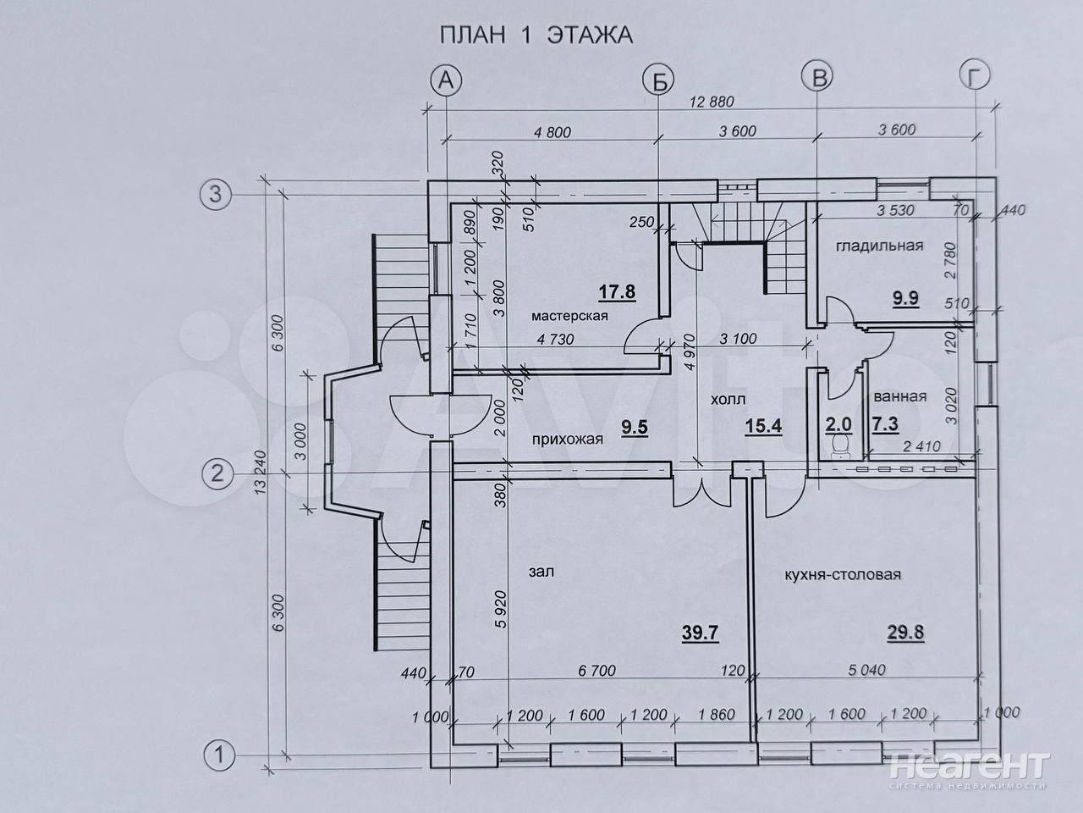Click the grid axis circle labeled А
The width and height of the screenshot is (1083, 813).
446,80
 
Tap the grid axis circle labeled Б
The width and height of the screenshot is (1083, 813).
659,80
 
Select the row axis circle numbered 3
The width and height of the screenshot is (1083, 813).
216,195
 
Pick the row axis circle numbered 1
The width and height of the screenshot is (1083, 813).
219,755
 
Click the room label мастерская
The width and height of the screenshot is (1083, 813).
569,316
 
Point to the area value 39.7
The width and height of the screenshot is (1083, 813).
700,633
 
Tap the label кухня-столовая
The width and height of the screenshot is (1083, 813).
843,574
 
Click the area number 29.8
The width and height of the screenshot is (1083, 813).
905,633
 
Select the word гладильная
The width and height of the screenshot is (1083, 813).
879,246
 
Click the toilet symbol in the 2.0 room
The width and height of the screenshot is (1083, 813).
838,445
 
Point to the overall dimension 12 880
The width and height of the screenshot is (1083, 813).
712,102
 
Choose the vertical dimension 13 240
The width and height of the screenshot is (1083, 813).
260,473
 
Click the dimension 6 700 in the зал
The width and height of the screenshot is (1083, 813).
597,671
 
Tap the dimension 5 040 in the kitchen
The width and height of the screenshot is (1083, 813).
867,670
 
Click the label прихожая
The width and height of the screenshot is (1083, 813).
568,440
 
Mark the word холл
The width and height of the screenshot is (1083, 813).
728,399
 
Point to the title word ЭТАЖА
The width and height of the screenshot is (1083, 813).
590,36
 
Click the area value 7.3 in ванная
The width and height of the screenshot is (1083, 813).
885,424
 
